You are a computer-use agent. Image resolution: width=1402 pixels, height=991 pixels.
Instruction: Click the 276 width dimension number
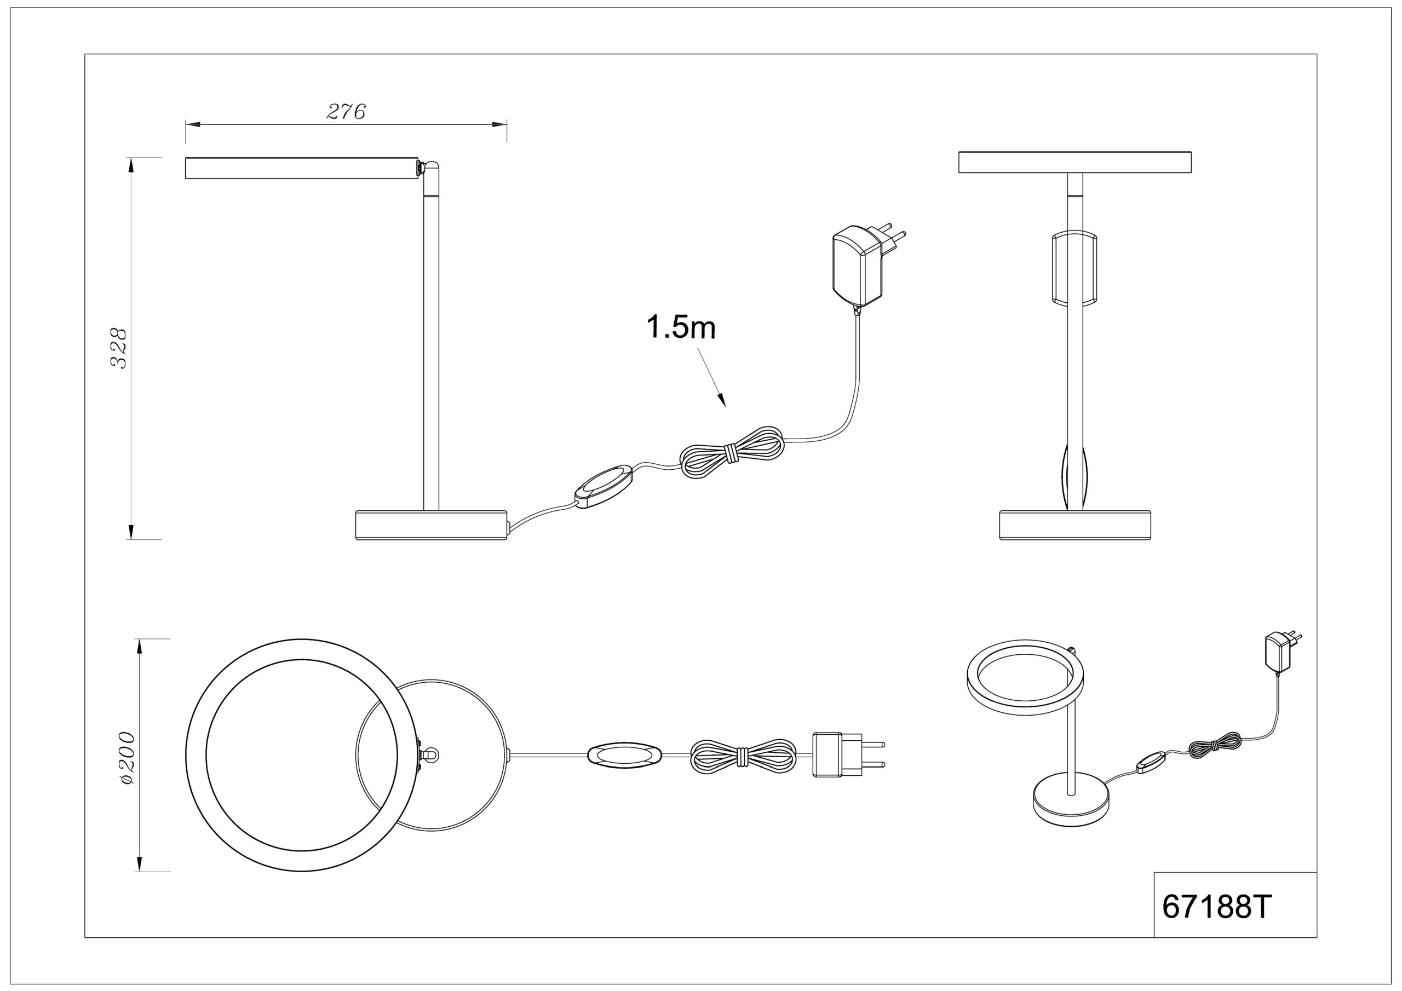[x=346, y=112]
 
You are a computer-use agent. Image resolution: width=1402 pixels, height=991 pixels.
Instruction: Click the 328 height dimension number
[x=118, y=349]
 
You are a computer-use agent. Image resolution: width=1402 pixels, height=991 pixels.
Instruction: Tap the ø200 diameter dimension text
[x=128, y=758]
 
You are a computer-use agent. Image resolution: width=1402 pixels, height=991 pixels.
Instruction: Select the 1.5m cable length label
[x=681, y=328]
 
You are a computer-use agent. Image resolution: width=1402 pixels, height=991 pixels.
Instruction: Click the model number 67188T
[x=1216, y=924]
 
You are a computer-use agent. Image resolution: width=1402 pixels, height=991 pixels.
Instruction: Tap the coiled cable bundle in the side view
[x=732, y=452]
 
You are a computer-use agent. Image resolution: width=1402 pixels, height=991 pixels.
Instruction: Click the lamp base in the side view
[x=432, y=525]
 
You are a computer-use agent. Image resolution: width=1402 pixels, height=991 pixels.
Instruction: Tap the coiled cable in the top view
[x=743, y=757]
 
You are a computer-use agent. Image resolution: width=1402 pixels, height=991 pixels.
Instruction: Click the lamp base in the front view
[x=1075, y=525]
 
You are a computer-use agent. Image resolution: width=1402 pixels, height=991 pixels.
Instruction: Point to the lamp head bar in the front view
[x=1075, y=162]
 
